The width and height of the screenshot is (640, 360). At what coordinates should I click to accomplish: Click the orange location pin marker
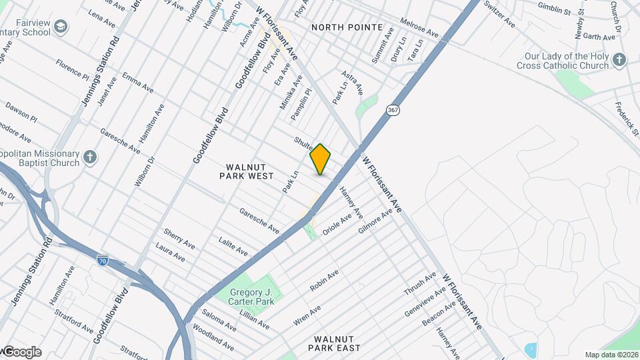[x=320, y=159]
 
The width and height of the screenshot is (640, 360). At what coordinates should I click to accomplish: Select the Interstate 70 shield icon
[x=102, y=257]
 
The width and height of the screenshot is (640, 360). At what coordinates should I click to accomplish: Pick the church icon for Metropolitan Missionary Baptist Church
[x=90, y=158]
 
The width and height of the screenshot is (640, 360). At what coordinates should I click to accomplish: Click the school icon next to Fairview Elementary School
[x=61, y=27]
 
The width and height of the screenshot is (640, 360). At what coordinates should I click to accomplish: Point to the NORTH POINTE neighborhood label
[x=347, y=27]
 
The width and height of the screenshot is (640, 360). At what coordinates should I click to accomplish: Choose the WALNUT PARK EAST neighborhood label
[x=337, y=343]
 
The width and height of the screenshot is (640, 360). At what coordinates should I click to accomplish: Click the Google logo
[x=21, y=352]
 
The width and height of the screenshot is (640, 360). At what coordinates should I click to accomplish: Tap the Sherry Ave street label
[x=179, y=239]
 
